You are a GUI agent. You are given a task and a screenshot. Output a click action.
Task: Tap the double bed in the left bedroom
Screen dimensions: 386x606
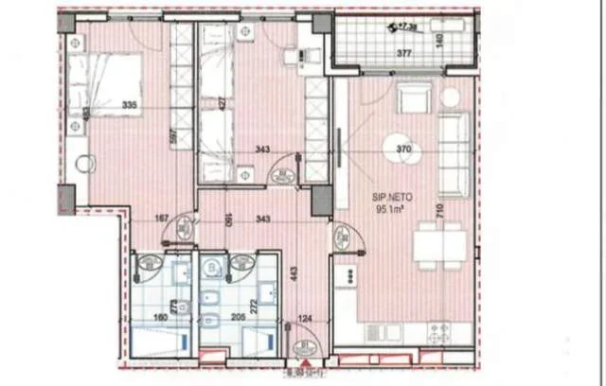click(103, 84)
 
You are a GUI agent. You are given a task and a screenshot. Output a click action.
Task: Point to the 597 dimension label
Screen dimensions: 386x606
click(174, 135)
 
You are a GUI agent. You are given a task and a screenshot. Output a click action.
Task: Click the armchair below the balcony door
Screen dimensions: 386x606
click(413, 98)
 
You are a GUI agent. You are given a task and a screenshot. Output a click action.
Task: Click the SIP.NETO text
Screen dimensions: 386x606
click(387, 197)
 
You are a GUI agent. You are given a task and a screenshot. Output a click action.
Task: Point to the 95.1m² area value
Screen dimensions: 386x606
click(388, 211)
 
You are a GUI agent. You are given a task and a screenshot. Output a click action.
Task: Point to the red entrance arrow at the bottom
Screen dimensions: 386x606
click(305, 360)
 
